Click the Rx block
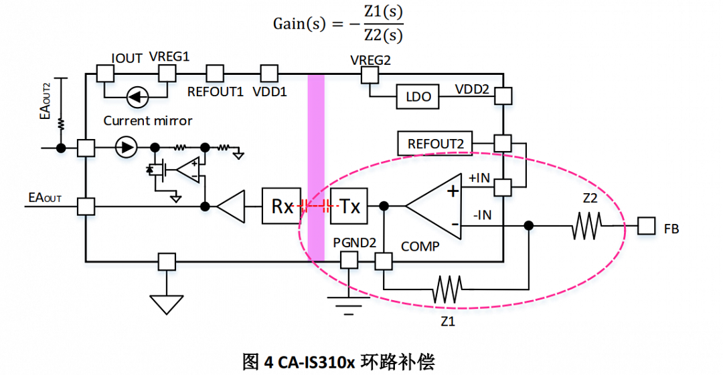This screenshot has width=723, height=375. (x=282, y=207)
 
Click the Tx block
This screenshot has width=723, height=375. (x=349, y=207)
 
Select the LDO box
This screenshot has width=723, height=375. (x=418, y=98)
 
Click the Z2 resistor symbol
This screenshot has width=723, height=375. (x=587, y=227)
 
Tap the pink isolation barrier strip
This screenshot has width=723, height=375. (x=315, y=167)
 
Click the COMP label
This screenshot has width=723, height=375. (x=420, y=247)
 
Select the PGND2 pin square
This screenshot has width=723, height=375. (x=349, y=261)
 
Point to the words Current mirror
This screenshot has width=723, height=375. (x=148, y=121)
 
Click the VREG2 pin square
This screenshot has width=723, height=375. (x=370, y=74)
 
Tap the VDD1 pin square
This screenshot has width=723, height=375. (x=269, y=73)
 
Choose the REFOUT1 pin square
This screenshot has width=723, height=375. (x=215, y=73)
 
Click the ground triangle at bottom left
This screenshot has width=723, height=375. (x=166, y=304)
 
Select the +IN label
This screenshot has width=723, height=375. (x=479, y=178)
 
